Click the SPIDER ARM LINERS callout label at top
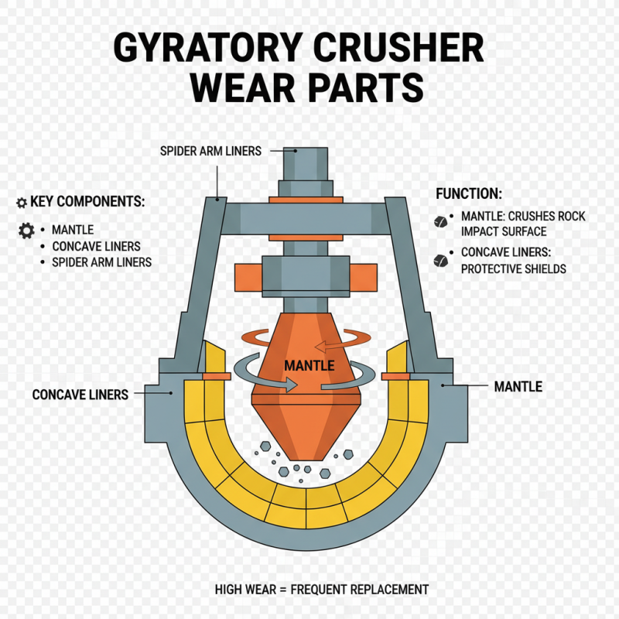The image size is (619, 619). coord(210,151)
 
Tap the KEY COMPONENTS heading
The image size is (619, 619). coord(87,202)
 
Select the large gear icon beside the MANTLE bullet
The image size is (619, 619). coord(26,230)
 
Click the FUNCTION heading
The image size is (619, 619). coord(469,193)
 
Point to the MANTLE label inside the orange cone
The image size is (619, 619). coord(309,365)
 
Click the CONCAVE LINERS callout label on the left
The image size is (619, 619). coord(80,395)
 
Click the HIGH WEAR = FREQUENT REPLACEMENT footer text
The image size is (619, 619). coord(321,590)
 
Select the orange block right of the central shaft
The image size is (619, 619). coord(364,275)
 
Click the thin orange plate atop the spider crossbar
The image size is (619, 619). coord(306,200)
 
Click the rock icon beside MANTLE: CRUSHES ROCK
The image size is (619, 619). coord(440,221)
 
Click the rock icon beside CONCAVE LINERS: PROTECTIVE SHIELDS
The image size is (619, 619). coord(442,259)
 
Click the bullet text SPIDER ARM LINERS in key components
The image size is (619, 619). coord(101,262)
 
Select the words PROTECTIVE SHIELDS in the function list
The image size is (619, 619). coord(513,268)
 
